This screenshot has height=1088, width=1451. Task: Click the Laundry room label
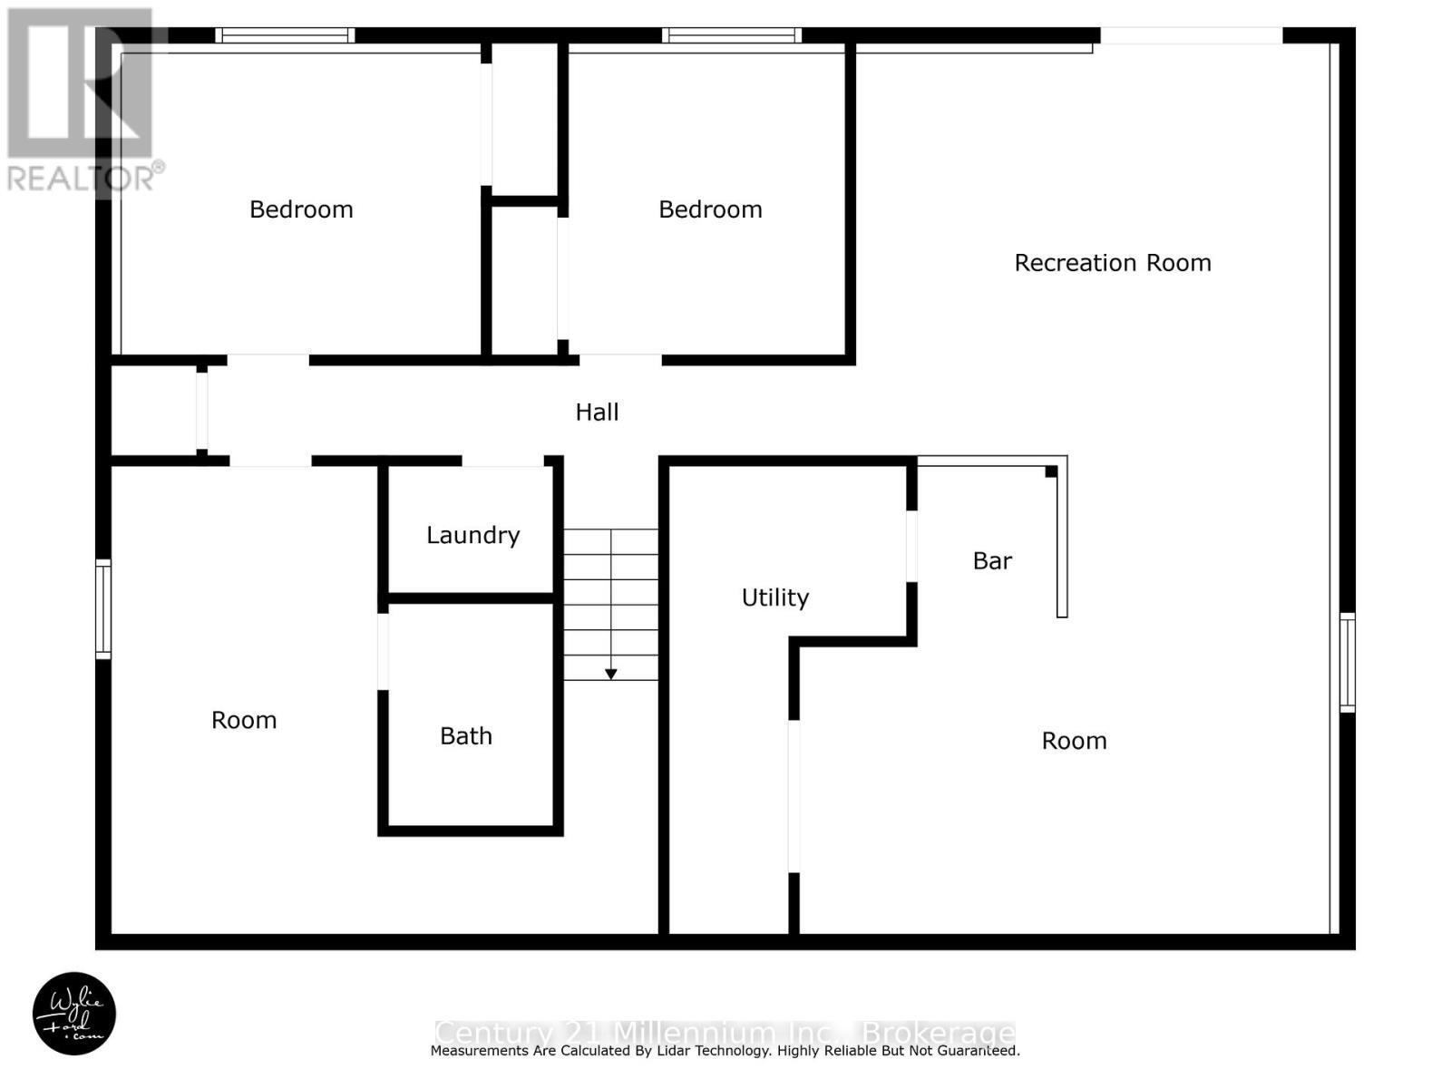tap(472, 535)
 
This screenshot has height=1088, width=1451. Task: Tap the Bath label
tap(466, 735)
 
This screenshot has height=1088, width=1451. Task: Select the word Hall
tap(597, 412)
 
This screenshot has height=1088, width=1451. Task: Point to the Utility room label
tap(775, 597)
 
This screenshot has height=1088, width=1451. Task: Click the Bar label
tap(992, 561)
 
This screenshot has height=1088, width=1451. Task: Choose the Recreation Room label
tap(1113, 263)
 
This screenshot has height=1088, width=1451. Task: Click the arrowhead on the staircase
tap(611, 674)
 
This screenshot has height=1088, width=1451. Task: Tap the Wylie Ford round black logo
tap(74, 1014)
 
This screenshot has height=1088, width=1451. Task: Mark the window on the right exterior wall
tap(1348, 662)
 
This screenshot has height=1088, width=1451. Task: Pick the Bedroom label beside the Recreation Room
tap(710, 209)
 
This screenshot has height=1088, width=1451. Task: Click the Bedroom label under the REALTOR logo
tap(301, 209)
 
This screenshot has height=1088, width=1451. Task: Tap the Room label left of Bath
tap(244, 720)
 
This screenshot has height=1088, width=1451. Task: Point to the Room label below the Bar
tap(1074, 741)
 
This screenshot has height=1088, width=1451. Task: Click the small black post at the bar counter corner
tap(1051, 471)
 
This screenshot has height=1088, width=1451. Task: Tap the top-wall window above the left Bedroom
tap(285, 35)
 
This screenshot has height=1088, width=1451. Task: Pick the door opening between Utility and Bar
tap(911, 546)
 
